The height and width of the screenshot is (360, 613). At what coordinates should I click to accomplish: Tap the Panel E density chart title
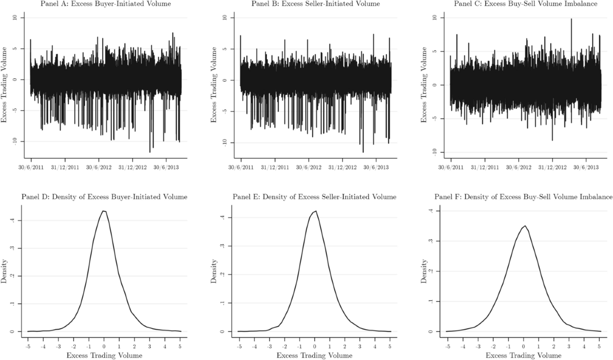[x=314, y=197]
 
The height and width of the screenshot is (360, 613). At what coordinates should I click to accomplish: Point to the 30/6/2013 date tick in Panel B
[x=376, y=167]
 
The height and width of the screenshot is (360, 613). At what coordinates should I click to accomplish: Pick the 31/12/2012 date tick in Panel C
[x=552, y=167]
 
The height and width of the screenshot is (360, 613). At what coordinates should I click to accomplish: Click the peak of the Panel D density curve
[x=104, y=211]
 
